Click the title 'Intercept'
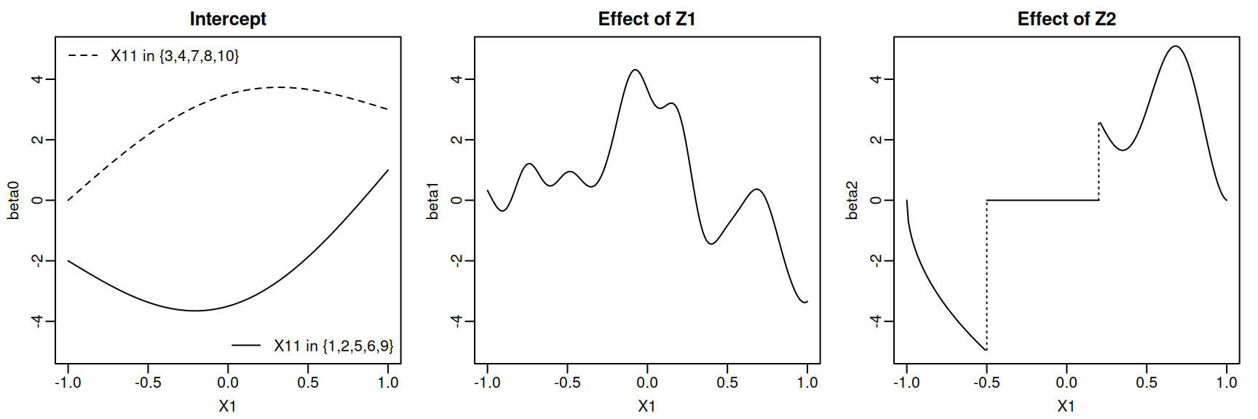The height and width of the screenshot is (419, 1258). click(228, 19)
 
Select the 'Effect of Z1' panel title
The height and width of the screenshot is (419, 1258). click(646, 19)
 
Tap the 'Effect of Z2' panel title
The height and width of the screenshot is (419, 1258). click(1067, 19)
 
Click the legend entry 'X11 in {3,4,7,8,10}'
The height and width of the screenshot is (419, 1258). click(175, 56)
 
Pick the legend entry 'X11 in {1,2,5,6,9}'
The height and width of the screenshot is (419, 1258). click(333, 346)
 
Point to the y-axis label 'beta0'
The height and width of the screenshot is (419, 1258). click(14, 200)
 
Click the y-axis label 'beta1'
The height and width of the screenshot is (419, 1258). click(433, 200)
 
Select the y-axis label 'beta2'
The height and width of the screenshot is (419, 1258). click(852, 200)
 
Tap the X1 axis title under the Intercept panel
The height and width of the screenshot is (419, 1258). click(228, 406)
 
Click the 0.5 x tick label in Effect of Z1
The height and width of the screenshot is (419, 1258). click(727, 383)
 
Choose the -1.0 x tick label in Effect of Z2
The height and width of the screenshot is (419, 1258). click(906, 383)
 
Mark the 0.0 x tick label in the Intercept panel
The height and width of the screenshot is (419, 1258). click(228, 383)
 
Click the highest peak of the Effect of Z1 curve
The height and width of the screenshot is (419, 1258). click(636, 70)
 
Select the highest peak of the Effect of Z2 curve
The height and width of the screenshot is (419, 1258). click(1175, 47)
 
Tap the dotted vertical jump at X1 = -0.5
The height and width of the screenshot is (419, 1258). click(986, 276)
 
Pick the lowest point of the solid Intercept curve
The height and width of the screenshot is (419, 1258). click(195, 311)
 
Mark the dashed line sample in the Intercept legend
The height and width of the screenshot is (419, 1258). click(83, 56)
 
